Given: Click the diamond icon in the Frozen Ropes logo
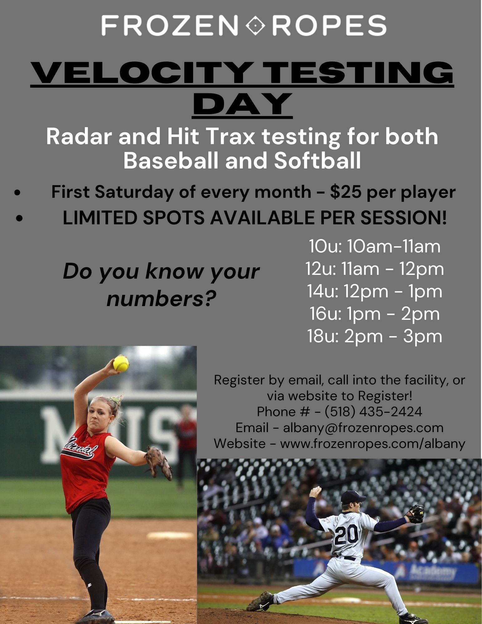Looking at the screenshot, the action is tap(256, 25).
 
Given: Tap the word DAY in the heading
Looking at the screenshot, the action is tap(243, 103).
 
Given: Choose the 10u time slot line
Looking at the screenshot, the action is tap(375, 246).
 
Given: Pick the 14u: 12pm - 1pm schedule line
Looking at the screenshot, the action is tap(375, 291).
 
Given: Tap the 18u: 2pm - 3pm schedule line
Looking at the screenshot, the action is tap(375, 336).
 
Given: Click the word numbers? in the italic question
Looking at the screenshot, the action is tap(162, 299).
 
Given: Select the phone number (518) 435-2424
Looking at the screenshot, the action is tap(373, 412).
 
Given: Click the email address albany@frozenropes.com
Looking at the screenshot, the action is tap(363, 427).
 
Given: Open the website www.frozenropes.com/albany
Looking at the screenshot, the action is tap(373, 443).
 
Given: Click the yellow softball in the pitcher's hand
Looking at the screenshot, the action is tap(121, 363).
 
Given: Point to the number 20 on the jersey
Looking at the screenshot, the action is tap(346, 534).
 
